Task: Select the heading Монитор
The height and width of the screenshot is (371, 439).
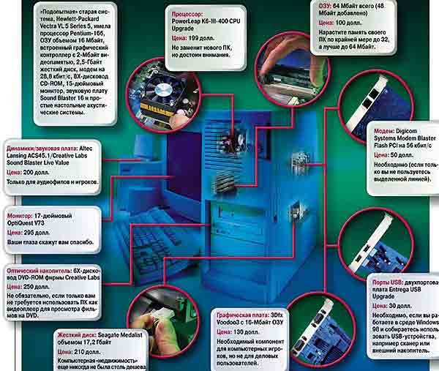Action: (x=23, y=217)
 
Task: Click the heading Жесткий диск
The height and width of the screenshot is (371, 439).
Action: (x=32, y=335)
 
